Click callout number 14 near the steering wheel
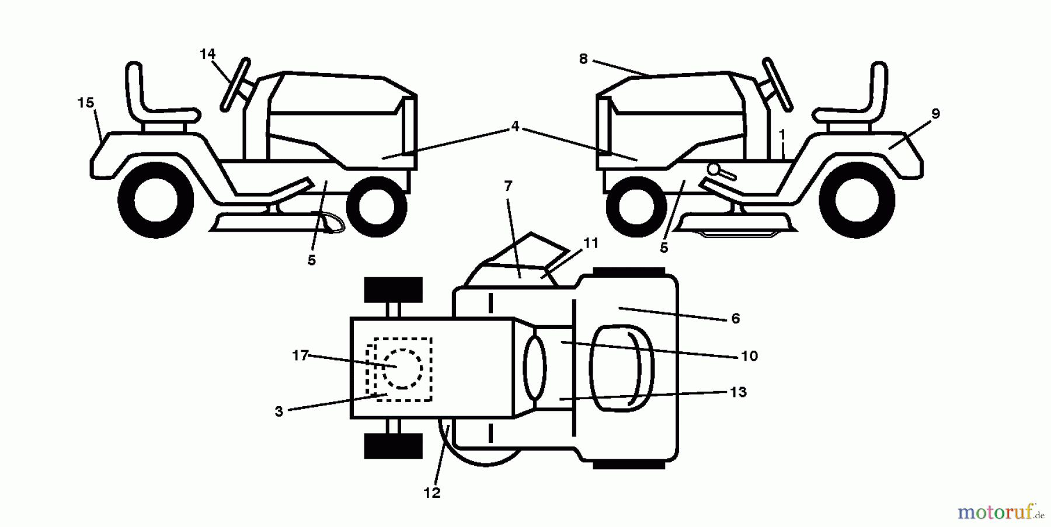207,54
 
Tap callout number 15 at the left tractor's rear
85,103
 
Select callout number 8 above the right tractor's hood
583,59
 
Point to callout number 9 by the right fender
935,114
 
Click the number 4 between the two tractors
514,126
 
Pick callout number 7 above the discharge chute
508,186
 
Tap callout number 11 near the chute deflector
591,243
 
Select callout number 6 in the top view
735,319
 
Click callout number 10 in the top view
749,356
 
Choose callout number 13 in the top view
738,392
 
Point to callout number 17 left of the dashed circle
300,355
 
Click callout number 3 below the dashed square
279,411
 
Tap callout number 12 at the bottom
431,493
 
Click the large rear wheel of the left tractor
156,200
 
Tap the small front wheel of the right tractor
636,207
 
